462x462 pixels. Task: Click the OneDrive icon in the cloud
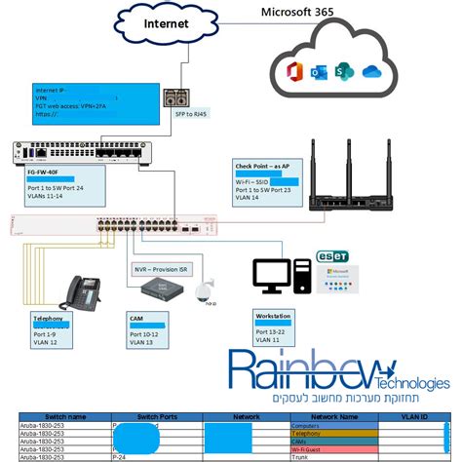pos(368,72)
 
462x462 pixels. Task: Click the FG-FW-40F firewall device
pos(88,152)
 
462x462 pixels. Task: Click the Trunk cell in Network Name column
pos(300,456)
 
